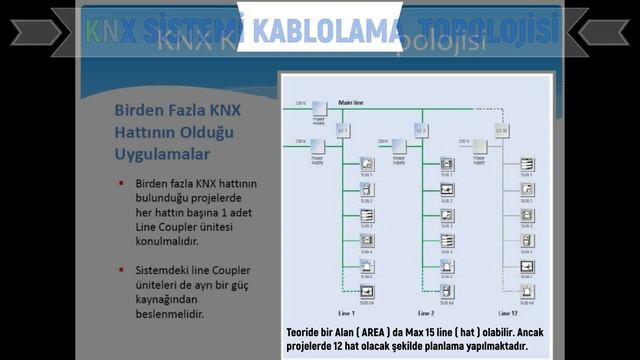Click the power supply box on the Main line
319,109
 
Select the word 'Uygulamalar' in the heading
162,155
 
